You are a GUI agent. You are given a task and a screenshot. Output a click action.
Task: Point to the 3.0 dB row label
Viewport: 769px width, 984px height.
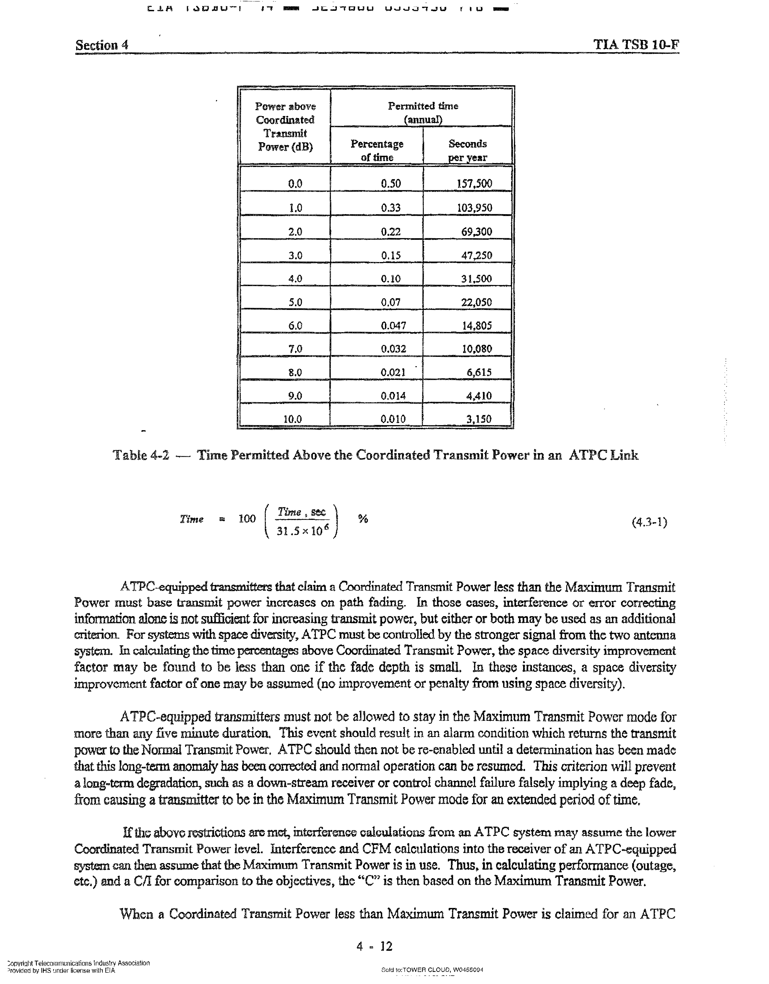click(295, 255)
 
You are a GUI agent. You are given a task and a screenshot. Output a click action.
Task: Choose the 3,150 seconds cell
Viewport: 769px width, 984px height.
click(478, 419)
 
